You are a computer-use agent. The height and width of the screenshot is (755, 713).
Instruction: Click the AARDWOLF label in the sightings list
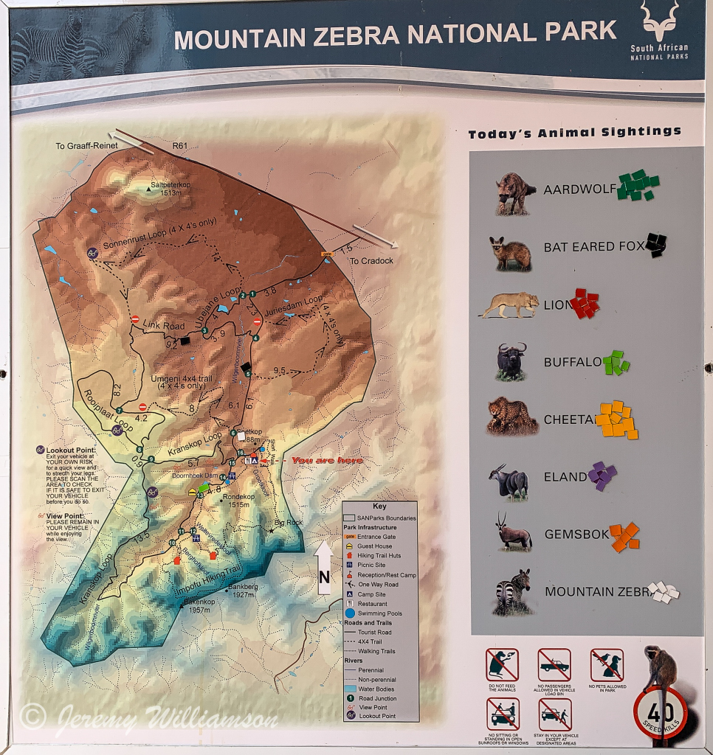click(579, 189)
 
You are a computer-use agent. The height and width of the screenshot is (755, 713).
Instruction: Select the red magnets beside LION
click(585, 303)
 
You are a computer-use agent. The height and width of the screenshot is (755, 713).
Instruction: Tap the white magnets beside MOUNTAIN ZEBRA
click(663, 591)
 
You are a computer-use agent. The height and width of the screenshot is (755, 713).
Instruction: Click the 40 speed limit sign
click(660, 713)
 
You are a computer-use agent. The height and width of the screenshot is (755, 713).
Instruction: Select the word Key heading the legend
click(379, 507)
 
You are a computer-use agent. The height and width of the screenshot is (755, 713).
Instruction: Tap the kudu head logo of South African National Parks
click(658, 21)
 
